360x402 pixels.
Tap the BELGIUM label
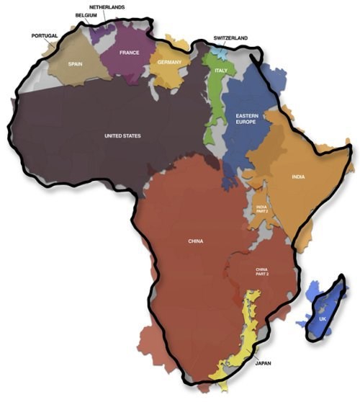pyautogui.click(x=86, y=15)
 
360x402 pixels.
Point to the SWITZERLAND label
pyautogui.click(x=231, y=37)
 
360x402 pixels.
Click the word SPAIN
pyautogui.click(x=76, y=63)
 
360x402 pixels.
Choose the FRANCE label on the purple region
pyautogui.click(x=130, y=53)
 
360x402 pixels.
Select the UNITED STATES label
pyautogui.click(x=122, y=135)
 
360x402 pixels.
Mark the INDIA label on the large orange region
pyautogui.click(x=297, y=176)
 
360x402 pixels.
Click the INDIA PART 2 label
pyautogui.click(x=261, y=209)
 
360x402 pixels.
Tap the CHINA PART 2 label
pyautogui.click(x=261, y=272)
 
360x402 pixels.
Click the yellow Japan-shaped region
pyautogui.click(x=242, y=339)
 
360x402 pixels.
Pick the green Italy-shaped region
pyautogui.click(x=213, y=108)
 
